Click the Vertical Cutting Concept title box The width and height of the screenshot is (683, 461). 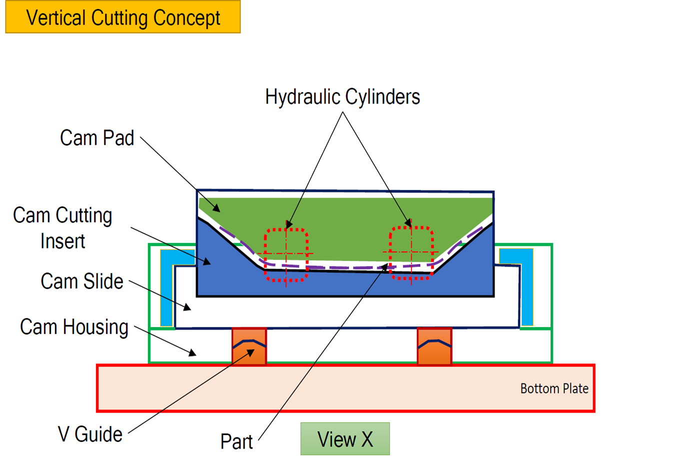pos(123,17)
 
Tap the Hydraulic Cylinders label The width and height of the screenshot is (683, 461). pos(342,97)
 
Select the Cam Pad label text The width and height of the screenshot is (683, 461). pos(97,138)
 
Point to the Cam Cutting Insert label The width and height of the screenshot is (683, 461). pos(62,228)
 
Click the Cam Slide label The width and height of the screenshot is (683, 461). pos(82,281)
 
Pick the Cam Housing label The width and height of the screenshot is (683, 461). pos(74,327)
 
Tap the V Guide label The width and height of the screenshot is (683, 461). pos(90,434)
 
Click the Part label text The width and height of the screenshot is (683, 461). pos(236,441)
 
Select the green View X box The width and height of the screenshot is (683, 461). pos(345,439)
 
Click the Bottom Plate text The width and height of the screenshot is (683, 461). pos(554,388)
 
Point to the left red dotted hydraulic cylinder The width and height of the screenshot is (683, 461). pos(286,254)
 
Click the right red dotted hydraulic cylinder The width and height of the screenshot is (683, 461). pos(411,253)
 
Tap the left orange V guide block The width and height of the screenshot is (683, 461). pos(249,346)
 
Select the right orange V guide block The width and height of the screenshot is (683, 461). pos(434,346)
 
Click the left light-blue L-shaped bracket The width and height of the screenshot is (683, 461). pos(170,280)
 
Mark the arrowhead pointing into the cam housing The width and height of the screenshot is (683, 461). pos(192,353)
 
